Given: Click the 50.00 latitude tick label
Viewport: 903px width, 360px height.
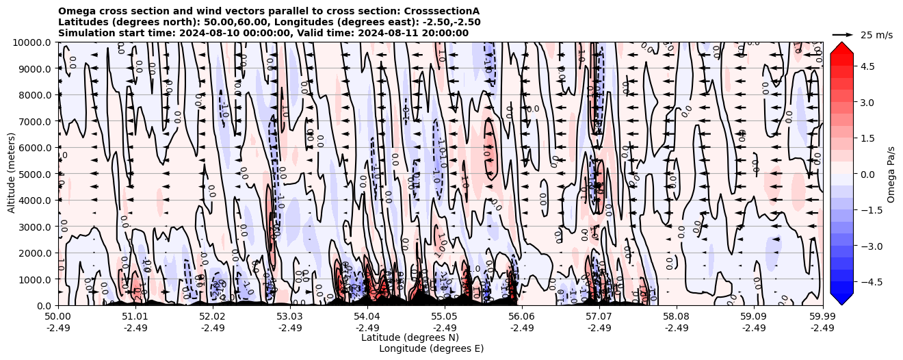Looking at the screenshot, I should point(58,317).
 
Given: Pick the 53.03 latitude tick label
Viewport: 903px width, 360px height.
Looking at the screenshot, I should point(290,317).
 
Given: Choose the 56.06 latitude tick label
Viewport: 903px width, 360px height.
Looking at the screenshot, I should point(522,317).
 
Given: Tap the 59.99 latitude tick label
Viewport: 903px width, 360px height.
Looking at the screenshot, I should point(822,317).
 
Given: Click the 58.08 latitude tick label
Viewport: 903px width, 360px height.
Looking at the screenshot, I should point(677,317).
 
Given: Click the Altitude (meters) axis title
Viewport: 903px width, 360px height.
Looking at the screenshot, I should point(12,174).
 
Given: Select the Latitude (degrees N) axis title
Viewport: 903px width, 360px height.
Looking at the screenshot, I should point(410,337).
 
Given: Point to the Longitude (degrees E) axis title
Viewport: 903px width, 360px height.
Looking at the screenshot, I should point(431,348).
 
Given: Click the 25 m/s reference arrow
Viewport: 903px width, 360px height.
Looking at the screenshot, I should point(842,34).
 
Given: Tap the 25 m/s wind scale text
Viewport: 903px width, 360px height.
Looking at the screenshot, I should point(876,35).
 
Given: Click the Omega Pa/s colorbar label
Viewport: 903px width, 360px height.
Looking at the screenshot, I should point(891,174).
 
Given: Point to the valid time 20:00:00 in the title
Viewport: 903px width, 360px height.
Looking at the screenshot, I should point(445,33).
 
